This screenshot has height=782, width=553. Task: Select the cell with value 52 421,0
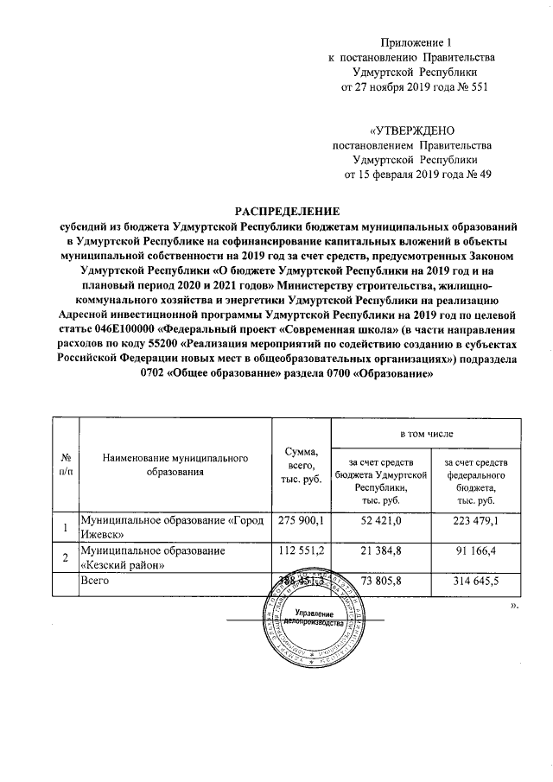pos(381,524)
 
